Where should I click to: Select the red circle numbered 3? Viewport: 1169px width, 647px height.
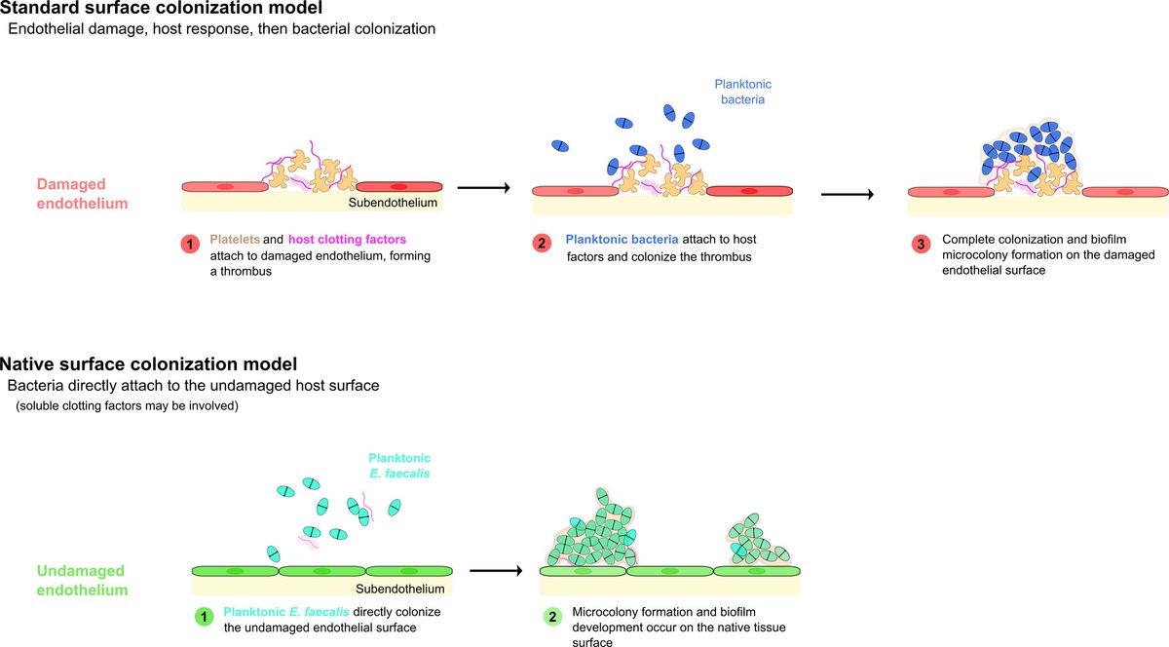click(x=920, y=243)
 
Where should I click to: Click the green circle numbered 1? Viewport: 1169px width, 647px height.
click(x=204, y=616)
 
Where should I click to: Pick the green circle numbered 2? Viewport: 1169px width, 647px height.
click(x=552, y=618)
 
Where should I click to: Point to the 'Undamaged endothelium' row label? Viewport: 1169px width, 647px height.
click(x=83, y=580)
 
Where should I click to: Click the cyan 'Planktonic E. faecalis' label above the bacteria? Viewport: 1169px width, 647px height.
click(x=399, y=465)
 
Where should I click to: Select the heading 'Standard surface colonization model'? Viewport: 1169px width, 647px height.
click(x=161, y=8)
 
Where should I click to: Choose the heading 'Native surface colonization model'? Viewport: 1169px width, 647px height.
click(x=148, y=365)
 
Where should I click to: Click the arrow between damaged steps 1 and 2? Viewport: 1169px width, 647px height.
click(x=483, y=187)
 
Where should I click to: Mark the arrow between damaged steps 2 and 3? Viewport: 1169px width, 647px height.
click(x=847, y=194)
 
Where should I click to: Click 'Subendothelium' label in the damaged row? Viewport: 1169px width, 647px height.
click(x=393, y=203)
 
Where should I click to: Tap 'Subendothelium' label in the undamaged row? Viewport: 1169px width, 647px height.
click(x=399, y=589)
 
